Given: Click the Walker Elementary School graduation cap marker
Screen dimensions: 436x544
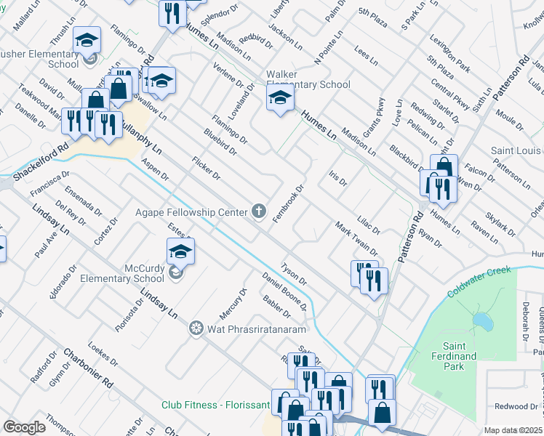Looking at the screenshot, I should tap(281, 101).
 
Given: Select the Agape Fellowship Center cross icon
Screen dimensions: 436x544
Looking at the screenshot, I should tap(257, 211).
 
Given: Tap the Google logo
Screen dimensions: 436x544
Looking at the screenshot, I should tap(24, 427).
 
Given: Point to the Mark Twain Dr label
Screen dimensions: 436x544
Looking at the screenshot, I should tap(355, 239).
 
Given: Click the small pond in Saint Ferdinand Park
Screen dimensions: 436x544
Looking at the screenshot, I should tap(481, 320).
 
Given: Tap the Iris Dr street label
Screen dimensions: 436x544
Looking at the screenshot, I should tap(337, 178).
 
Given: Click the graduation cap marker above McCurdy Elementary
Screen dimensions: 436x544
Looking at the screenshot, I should tap(180, 252).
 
